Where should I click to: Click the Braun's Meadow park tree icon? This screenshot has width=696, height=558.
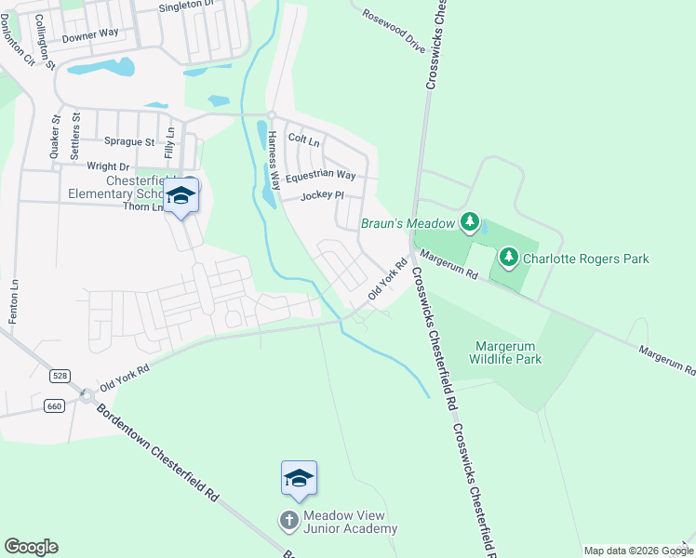pyautogui.click(x=471, y=222)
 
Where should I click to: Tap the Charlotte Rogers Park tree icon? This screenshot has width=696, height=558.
pyautogui.click(x=509, y=255)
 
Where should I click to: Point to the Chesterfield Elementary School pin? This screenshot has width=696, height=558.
pyautogui.click(x=181, y=196)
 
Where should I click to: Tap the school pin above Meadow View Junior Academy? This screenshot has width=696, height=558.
pyautogui.click(x=299, y=480)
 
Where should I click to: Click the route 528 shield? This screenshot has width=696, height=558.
pyautogui.click(x=60, y=375)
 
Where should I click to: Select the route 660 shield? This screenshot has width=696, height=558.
pyautogui.click(x=53, y=405)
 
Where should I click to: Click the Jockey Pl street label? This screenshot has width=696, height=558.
pyautogui.click(x=322, y=196)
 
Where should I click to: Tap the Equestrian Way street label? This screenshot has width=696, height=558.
pyautogui.click(x=320, y=175)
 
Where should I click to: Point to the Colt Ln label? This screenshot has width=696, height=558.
pyautogui.click(x=304, y=140)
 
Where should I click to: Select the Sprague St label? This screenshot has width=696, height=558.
pyautogui.click(x=129, y=142)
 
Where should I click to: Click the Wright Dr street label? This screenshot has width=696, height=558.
pyautogui.click(x=108, y=166)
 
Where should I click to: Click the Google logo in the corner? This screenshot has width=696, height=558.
pyautogui.click(x=31, y=547)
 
